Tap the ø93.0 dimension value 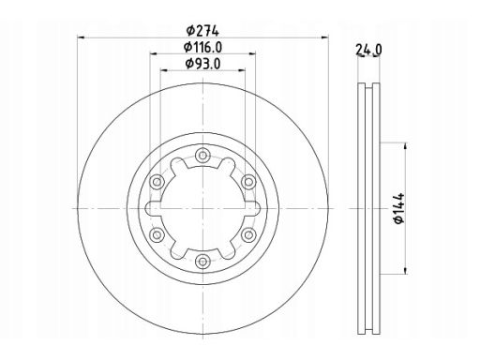point(201,67)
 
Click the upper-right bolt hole point(247,182)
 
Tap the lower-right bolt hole point(247,233)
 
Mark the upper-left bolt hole point(157,182)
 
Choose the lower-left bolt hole point(157,233)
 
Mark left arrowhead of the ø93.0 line point(162,76)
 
